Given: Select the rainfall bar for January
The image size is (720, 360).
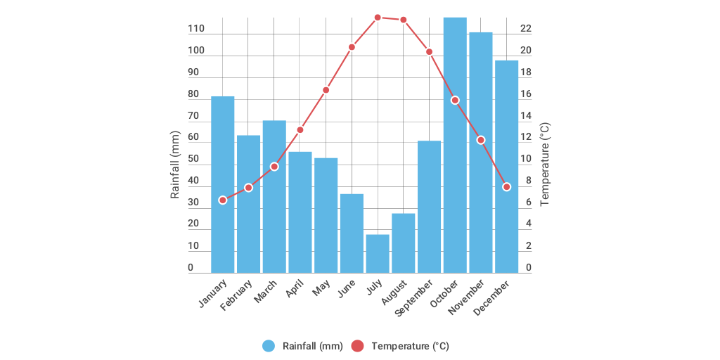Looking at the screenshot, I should [222, 184].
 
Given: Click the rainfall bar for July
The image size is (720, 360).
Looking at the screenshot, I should [378, 254].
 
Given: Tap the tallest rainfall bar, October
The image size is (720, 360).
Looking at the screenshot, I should [455, 145].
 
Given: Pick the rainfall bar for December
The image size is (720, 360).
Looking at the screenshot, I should [506, 167].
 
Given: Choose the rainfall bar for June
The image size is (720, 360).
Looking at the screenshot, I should [352, 233].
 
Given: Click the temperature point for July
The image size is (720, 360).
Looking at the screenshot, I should [378, 17].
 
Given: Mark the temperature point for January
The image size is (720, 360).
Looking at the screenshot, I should [223, 200].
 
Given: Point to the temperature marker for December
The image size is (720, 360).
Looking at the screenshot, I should [506, 187].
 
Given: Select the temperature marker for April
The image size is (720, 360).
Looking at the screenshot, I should [300, 130].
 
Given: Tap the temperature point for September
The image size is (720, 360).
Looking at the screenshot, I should [429, 52].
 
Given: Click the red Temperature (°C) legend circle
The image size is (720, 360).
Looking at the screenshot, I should [358, 346].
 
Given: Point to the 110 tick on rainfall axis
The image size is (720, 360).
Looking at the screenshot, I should [196, 29].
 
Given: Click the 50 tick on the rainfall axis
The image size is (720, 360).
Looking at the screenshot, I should [193, 159].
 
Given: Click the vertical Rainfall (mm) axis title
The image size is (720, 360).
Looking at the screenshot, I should [176, 165].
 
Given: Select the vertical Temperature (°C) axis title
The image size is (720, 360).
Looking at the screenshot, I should [545, 165].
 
